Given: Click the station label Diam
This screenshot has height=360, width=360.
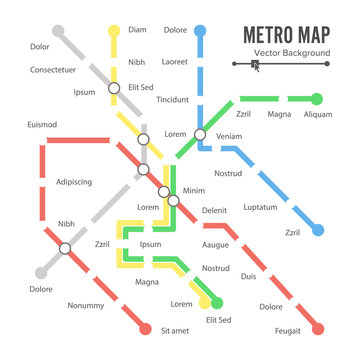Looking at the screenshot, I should pos(137,30).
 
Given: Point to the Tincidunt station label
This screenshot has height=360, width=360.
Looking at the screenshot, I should pos(173,99).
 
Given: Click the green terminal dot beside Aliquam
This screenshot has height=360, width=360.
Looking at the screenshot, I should pos(318,99).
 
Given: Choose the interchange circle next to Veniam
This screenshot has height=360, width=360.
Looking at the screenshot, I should pos(200,134).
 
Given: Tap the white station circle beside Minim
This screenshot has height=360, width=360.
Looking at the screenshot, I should pos(173,200).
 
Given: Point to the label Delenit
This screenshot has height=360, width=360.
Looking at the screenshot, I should pos(214,211).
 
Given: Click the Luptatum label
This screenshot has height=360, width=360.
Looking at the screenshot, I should pos(260,207).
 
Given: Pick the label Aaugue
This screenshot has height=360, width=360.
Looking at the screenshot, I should pos(214,245).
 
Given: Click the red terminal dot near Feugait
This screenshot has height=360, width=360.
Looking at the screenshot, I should pos(319,328).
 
